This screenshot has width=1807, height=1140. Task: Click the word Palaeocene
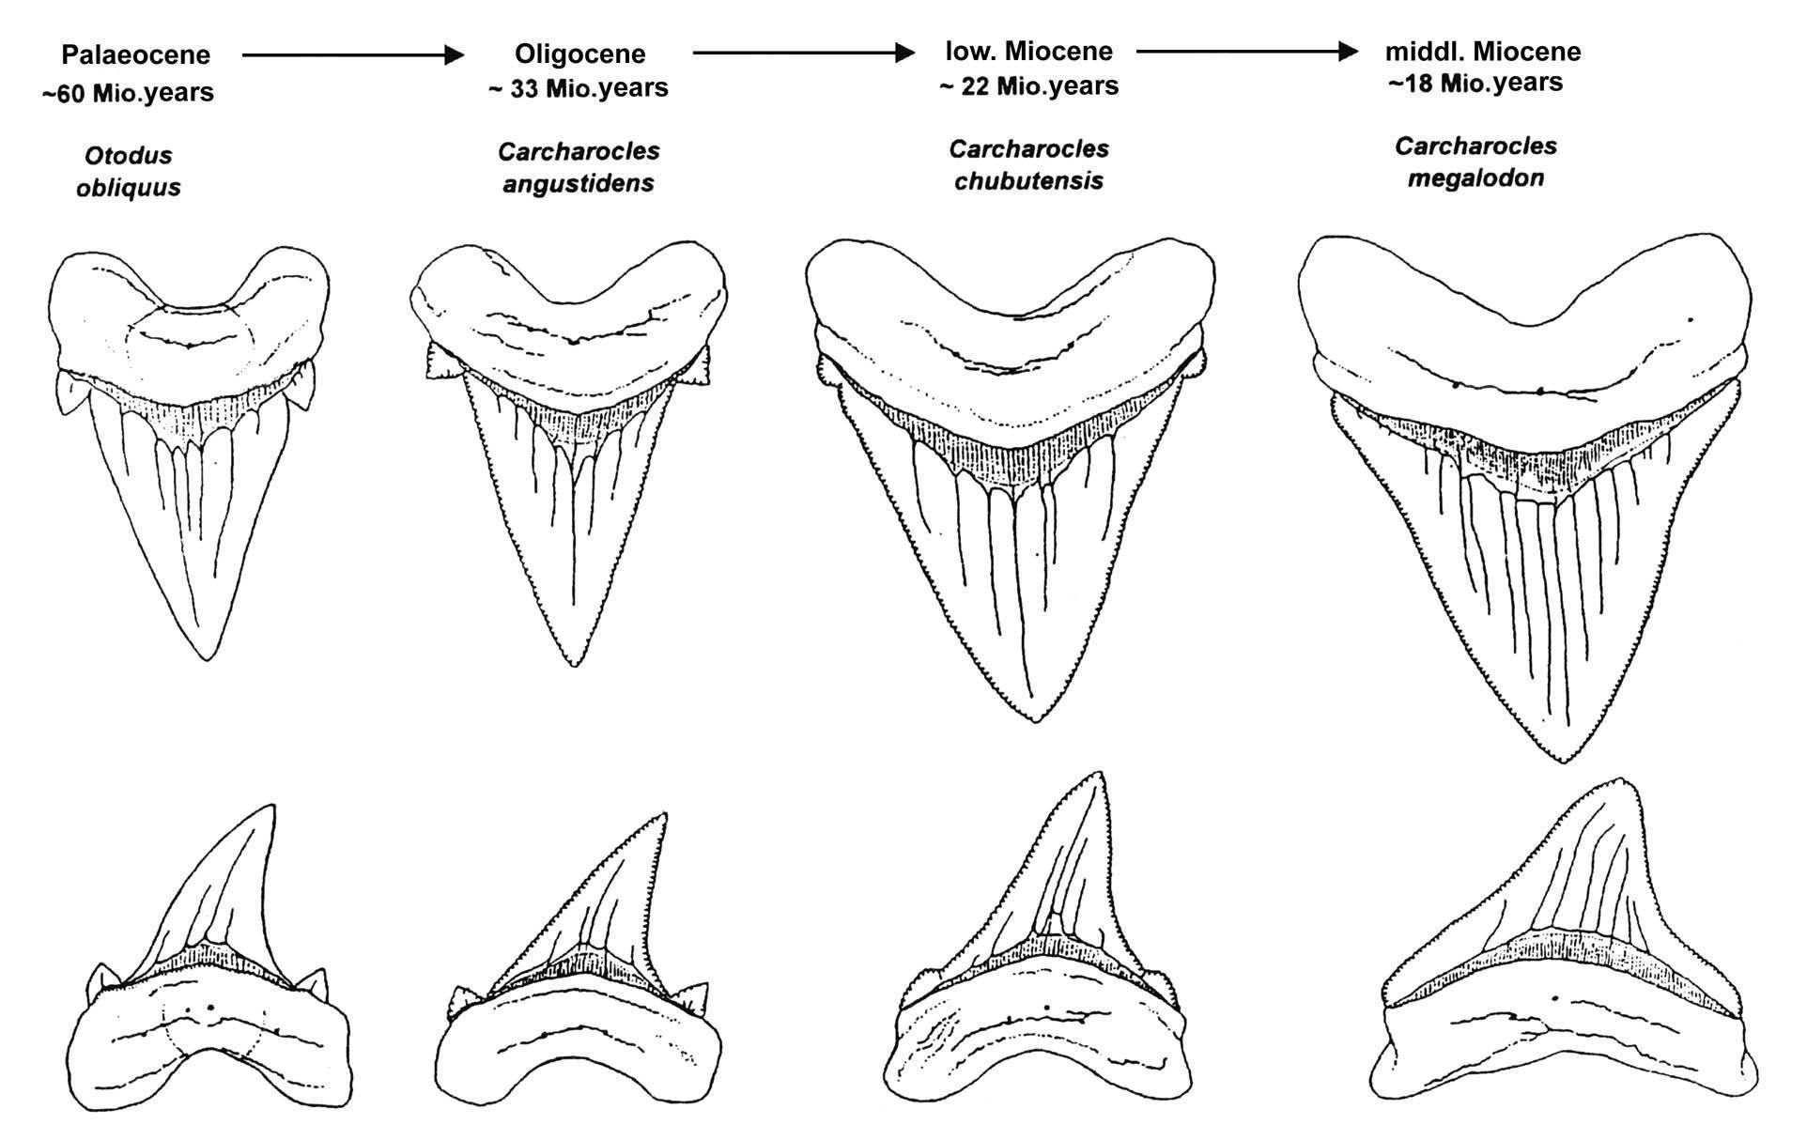click(135, 55)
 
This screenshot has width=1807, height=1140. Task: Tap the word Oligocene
click(579, 54)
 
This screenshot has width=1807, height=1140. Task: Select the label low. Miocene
click(1028, 51)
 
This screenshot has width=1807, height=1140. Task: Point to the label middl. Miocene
click(1483, 51)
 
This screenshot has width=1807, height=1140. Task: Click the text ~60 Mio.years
click(128, 93)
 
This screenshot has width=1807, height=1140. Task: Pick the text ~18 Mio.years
click(1475, 83)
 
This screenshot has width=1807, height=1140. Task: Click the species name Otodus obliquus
click(129, 171)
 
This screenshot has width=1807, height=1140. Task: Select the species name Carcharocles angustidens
click(579, 166)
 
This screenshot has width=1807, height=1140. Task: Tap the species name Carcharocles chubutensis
click(1028, 164)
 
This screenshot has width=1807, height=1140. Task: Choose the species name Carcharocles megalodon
click(1475, 162)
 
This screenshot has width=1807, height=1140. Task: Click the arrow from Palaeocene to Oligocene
click(353, 55)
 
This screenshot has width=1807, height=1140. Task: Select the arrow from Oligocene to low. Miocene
click(803, 53)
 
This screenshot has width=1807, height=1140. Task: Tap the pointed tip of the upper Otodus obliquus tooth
click(208, 658)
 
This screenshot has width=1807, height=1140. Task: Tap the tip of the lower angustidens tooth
click(665, 815)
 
